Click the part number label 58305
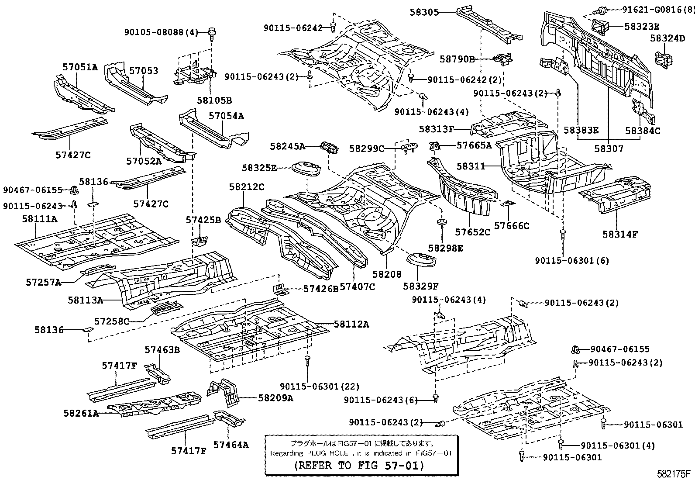[424, 13]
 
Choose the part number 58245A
[287, 147]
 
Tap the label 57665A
[474, 145]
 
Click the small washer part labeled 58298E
[442, 223]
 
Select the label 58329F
[420, 286]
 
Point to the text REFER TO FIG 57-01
[359, 465]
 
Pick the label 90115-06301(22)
[320, 386]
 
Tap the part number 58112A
[351, 324]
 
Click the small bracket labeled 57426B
[279, 288]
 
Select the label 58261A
[81, 413]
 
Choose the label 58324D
[667, 38]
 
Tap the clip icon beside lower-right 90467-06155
[575, 349]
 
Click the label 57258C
[112, 322]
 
